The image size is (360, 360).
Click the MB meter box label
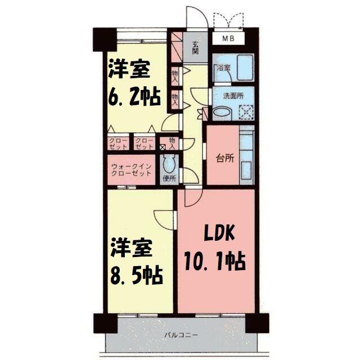click(x=228, y=38)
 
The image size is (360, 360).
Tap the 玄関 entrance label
click(x=195, y=47)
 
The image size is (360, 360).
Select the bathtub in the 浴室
click(x=245, y=67)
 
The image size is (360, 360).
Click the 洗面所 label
click(x=233, y=96)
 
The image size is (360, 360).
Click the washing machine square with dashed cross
click(x=246, y=112)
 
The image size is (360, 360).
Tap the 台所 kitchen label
click(x=225, y=159)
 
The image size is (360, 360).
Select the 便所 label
click(x=169, y=178)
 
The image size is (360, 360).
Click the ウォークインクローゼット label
click(x=131, y=170)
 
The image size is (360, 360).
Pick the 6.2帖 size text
click(x=134, y=97)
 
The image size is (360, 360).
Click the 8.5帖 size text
click(x=137, y=275)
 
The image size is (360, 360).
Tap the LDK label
click(x=220, y=233)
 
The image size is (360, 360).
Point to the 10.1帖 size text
click(x=215, y=261)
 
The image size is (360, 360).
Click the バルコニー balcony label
click(x=181, y=335)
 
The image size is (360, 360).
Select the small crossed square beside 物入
click(x=163, y=147)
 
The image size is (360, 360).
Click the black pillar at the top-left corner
click(x=105, y=40)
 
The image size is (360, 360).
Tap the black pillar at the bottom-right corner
click(x=257, y=323)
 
